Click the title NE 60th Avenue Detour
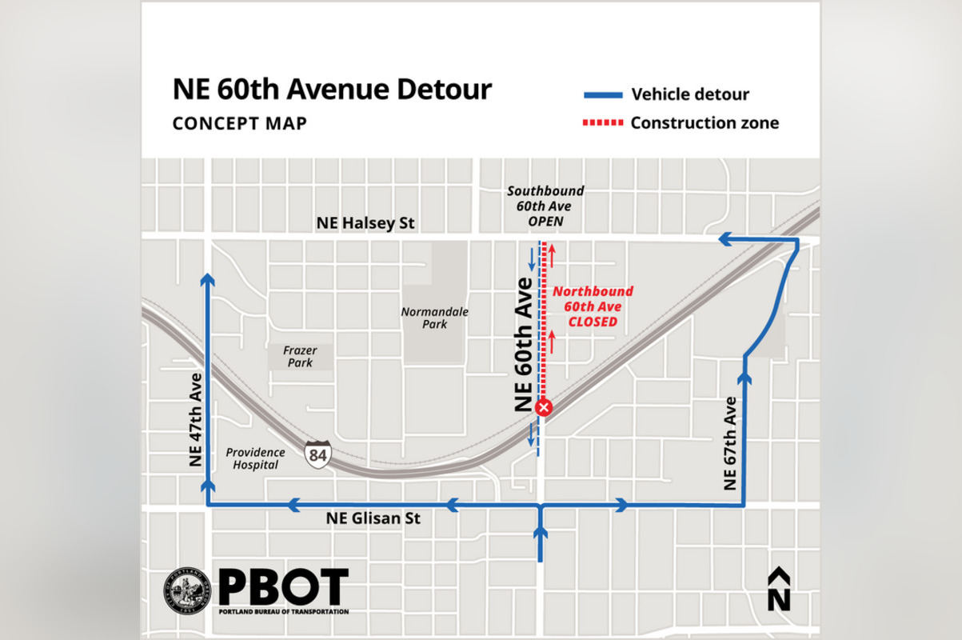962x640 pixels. [x=332, y=89]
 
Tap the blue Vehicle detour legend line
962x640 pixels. [x=602, y=95]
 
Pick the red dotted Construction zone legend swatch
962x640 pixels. [x=602, y=123]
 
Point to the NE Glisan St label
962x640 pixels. [x=373, y=518]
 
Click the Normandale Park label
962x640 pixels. [x=435, y=318]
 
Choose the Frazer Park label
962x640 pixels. [x=297, y=356]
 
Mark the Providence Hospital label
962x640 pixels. [x=256, y=458]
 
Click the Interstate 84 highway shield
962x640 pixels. [x=316, y=454]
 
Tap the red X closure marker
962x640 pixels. [x=544, y=408]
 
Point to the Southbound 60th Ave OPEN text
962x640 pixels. [x=545, y=206]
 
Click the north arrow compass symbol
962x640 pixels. [x=778, y=590]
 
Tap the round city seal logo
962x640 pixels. [x=189, y=592]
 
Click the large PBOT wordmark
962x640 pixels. [x=283, y=587]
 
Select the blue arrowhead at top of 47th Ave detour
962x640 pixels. [x=208, y=278]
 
